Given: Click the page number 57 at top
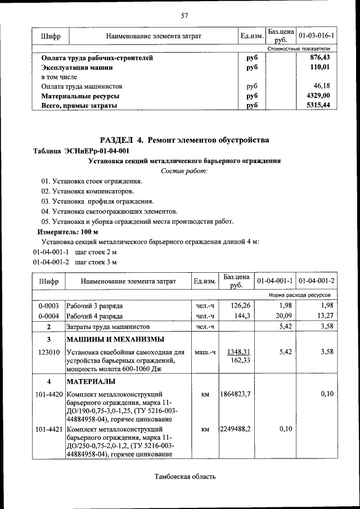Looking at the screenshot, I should coord(184,15).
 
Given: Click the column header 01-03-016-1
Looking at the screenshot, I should coord(317,36).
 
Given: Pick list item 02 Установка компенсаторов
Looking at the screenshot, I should coord(87,191).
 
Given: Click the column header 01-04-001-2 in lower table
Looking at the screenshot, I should coord(317,281).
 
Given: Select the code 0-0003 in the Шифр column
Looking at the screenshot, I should coord(49,306).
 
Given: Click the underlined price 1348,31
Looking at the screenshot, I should coord(238,352).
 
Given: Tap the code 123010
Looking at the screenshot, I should coord(49,352).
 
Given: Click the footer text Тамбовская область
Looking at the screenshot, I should coord(184,477).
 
